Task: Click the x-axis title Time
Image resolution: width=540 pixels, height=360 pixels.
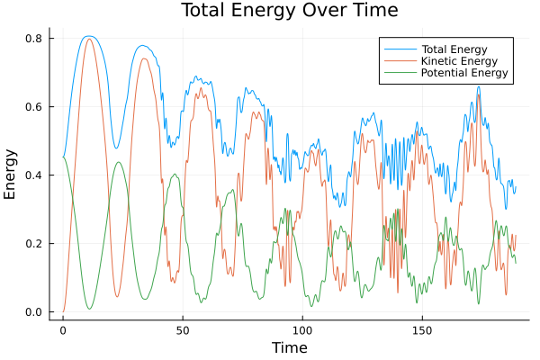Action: tap(290, 347)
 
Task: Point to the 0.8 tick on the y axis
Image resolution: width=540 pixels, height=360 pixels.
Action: tap(33, 39)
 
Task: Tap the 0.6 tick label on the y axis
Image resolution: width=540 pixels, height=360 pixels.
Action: tap(33, 107)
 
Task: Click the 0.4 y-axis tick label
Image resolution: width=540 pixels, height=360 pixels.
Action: tap(33, 175)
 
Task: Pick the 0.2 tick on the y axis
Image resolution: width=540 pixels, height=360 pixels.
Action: tap(33, 244)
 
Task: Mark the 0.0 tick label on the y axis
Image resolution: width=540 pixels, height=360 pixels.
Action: tap(33, 312)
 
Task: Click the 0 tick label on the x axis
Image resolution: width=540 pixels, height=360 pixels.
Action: tap(63, 329)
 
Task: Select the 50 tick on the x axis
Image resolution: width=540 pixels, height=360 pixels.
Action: tap(183, 329)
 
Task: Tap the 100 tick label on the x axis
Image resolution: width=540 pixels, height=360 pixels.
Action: tap(302, 329)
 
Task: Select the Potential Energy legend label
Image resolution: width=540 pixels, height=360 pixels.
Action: tap(459, 73)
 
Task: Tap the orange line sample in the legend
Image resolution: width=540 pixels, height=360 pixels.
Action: tap(397, 59)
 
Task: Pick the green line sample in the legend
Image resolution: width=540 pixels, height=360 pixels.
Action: tap(397, 73)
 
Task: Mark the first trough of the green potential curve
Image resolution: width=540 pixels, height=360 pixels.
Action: tap(89, 309)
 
